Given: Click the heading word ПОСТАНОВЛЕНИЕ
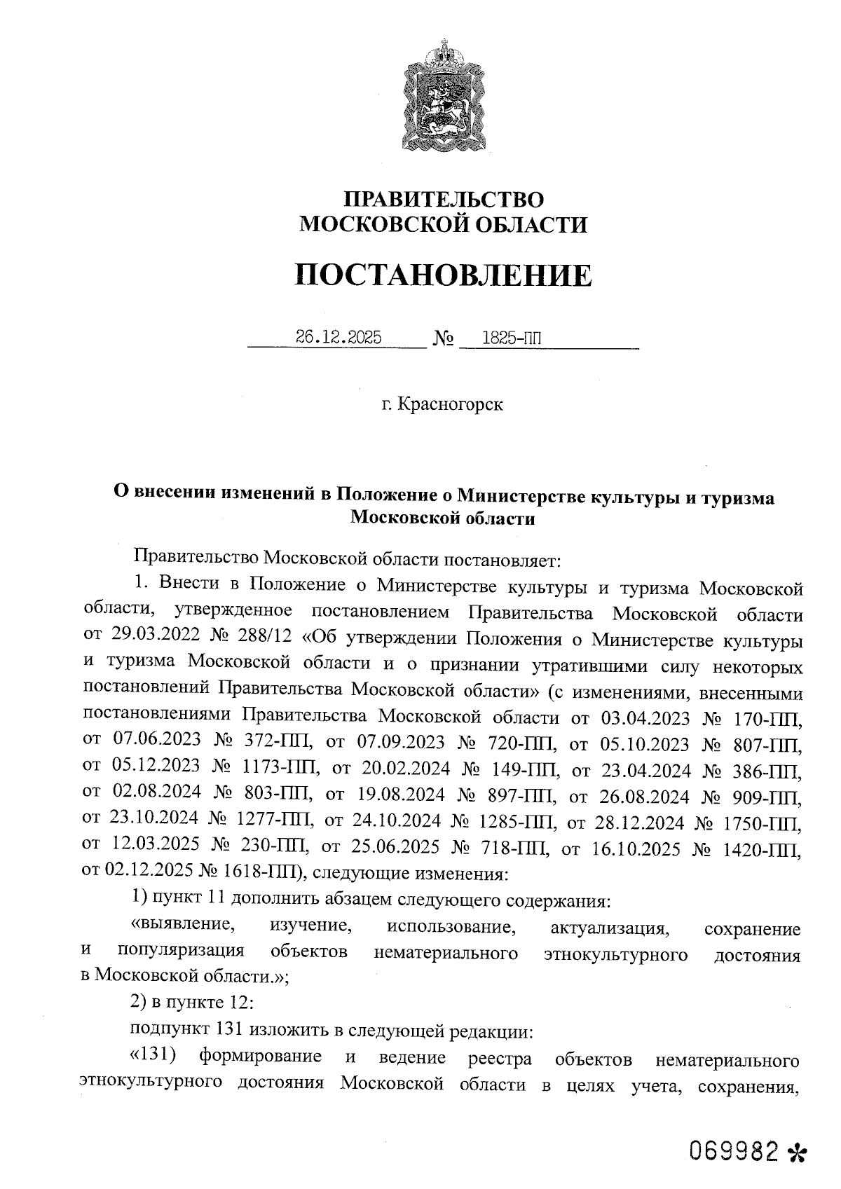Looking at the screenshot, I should tap(443, 275).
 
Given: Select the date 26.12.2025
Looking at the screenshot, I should tap(338, 338).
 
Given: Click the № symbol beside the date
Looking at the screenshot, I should tap(443, 339).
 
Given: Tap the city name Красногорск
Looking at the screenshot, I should tap(449, 405).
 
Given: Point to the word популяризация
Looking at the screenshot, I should tap(181, 951).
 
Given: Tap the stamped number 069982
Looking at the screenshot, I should tap(733, 1150).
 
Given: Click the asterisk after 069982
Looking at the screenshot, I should tap(798, 1152).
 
